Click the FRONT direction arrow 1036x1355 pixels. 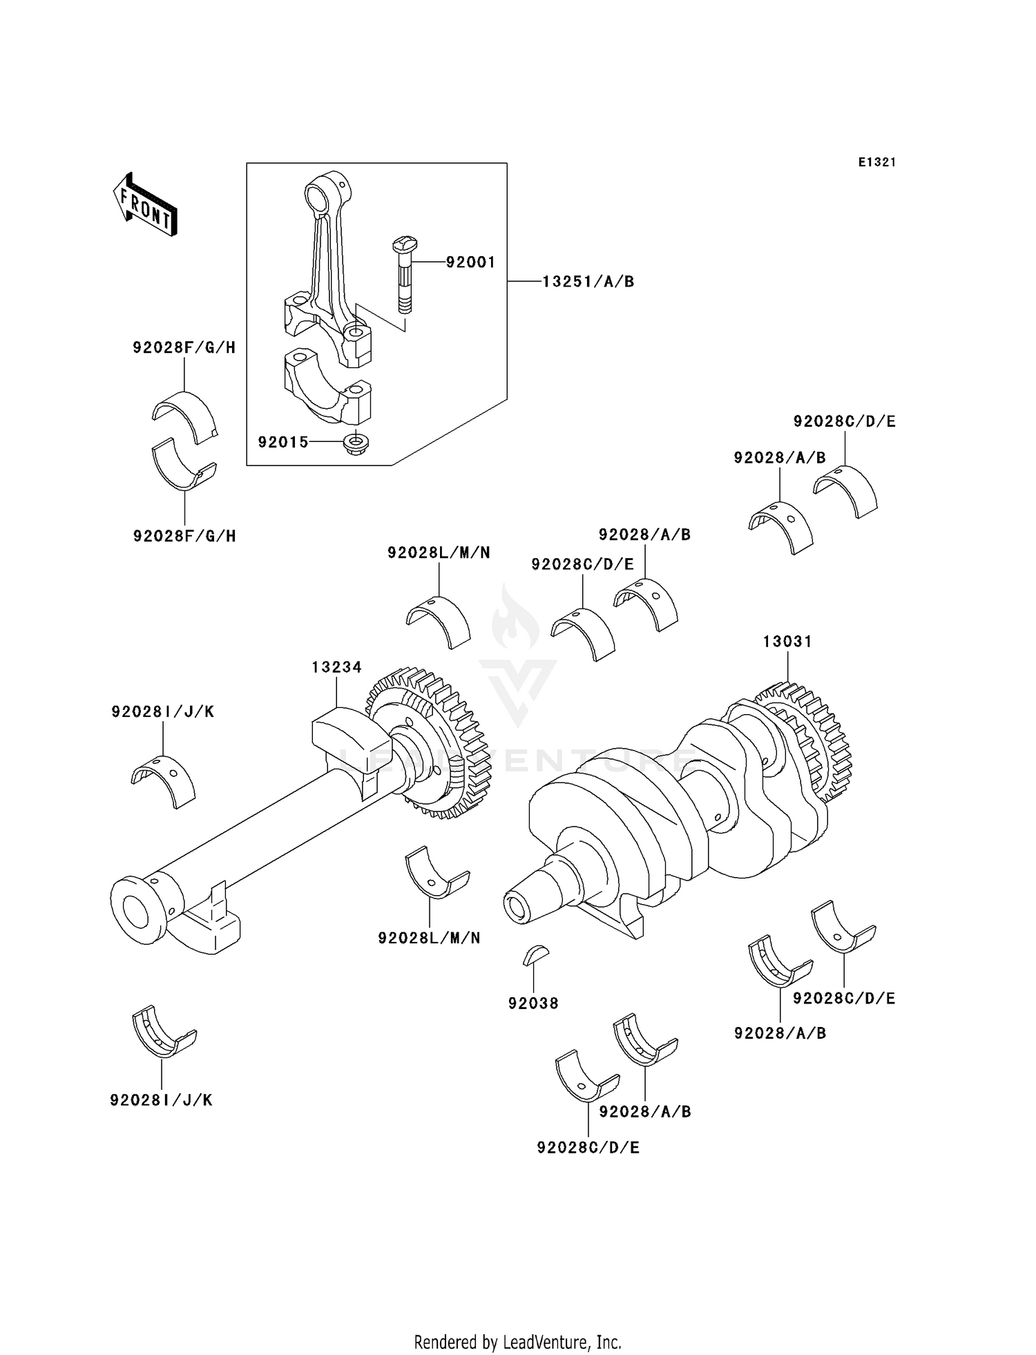(x=146, y=205)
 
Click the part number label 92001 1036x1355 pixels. (x=470, y=262)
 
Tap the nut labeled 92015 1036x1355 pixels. (x=356, y=441)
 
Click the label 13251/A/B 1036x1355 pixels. (x=588, y=282)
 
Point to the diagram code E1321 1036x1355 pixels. (x=876, y=162)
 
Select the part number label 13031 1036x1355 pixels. (x=787, y=642)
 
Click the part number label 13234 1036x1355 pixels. (x=336, y=667)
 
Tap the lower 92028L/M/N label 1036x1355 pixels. (x=429, y=938)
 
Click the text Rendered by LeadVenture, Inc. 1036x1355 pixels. (x=517, y=1342)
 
